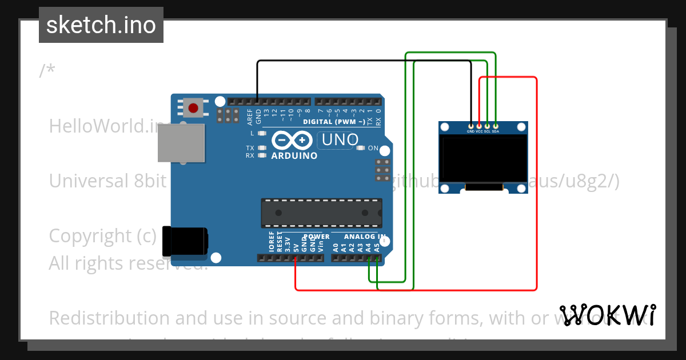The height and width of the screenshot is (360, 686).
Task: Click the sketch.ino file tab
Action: [x=101, y=25]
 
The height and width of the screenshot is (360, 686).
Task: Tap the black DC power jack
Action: [x=184, y=241]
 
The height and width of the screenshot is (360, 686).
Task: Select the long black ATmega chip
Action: [x=321, y=213]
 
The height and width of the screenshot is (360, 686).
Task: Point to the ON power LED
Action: [x=360, y=148]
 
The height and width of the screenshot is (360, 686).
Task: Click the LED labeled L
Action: [x=262, y=133]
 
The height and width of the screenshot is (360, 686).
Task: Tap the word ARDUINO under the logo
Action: [x=294, y=155]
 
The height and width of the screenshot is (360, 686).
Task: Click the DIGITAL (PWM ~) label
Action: [x=334, y=122]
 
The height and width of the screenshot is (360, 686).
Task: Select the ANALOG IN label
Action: [x=365, y=236]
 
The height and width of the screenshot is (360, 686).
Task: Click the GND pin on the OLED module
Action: [x=470, y=126]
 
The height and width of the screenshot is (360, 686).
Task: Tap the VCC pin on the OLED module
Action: [x=479, y=126]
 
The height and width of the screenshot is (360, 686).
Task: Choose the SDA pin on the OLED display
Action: [x=496, y=126]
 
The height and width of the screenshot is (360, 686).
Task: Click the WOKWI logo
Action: [x=607, y=315]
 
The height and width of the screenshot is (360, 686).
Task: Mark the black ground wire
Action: [x=366, y=61]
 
